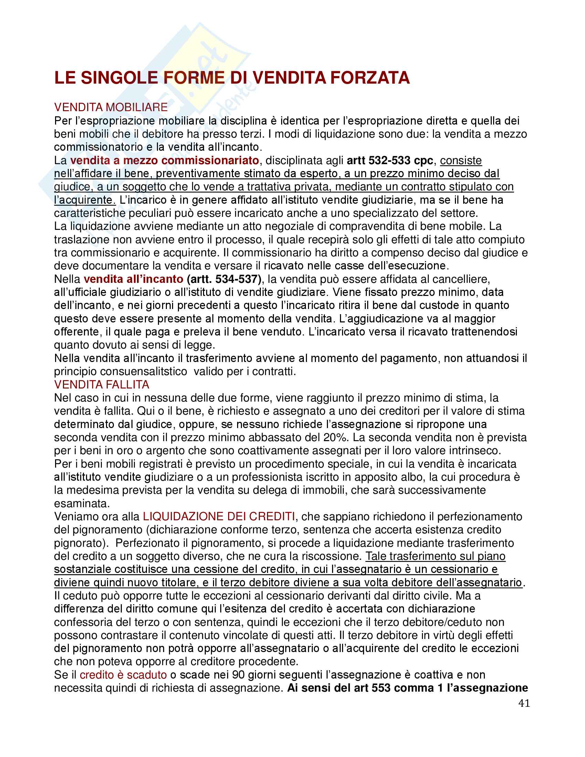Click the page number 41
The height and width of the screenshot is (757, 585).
pos(524,703)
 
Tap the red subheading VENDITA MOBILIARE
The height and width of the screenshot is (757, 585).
pos(111,107)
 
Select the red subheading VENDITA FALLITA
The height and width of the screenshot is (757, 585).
pos(102,384)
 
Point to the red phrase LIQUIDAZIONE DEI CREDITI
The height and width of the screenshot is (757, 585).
pos(219,516)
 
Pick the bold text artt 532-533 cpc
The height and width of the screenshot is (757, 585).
pos(390,160)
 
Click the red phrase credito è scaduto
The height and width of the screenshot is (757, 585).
pos(124,675)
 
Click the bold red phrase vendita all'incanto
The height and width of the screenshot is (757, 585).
pos(134,279)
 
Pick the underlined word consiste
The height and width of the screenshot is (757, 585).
pos(460,160)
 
